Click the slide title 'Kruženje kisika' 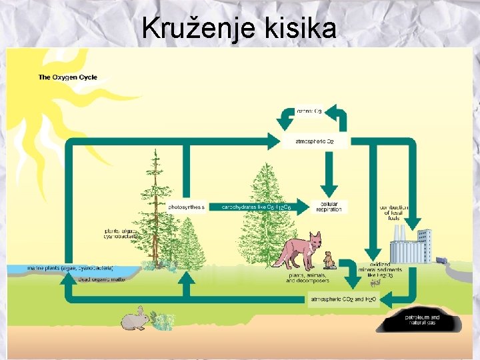click(x=239, y=28)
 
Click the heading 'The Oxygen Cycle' click(x=67, y=77)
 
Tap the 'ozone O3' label click(x=309, y=111)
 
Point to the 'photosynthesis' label click(x=187, y=207)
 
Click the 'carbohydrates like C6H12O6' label click(x=257, y=207)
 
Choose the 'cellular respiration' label click(x=331, y=207)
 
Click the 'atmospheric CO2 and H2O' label click(x=344, y=299)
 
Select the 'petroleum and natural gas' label click(x=423, y=319)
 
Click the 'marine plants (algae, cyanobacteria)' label click(x=70, y=268)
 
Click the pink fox click(x=296, y=250)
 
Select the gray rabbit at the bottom click(x=135, y=319)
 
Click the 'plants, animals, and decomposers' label click(x=305, y=277)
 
